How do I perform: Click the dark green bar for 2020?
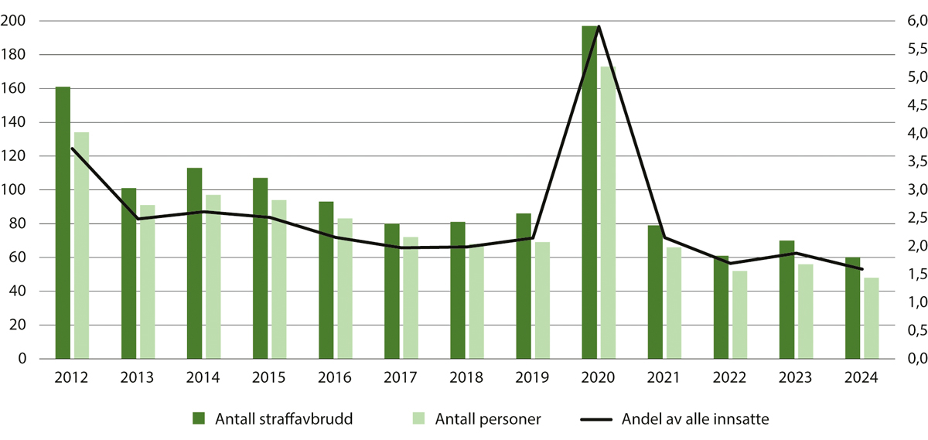point(590,193)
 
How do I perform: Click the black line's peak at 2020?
point(599,27)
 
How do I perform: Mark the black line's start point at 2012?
point(72,148)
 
